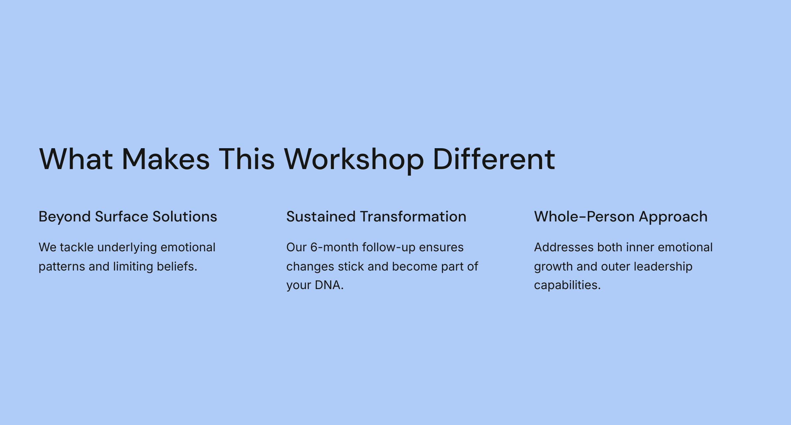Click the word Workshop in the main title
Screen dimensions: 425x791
tap(354, 159)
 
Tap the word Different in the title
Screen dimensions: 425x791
tap(494, 159)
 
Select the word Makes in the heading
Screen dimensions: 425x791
tap(166, 159)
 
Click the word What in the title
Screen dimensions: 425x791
tap(76, 159)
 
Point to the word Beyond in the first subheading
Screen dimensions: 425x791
tap(65, 217)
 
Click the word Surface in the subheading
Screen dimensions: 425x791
tap(121, 217)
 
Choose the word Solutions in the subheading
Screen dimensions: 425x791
tap(185, 217)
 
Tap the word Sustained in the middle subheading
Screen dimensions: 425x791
tap(321, 217)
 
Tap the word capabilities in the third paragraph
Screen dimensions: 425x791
tap(567, 285)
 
